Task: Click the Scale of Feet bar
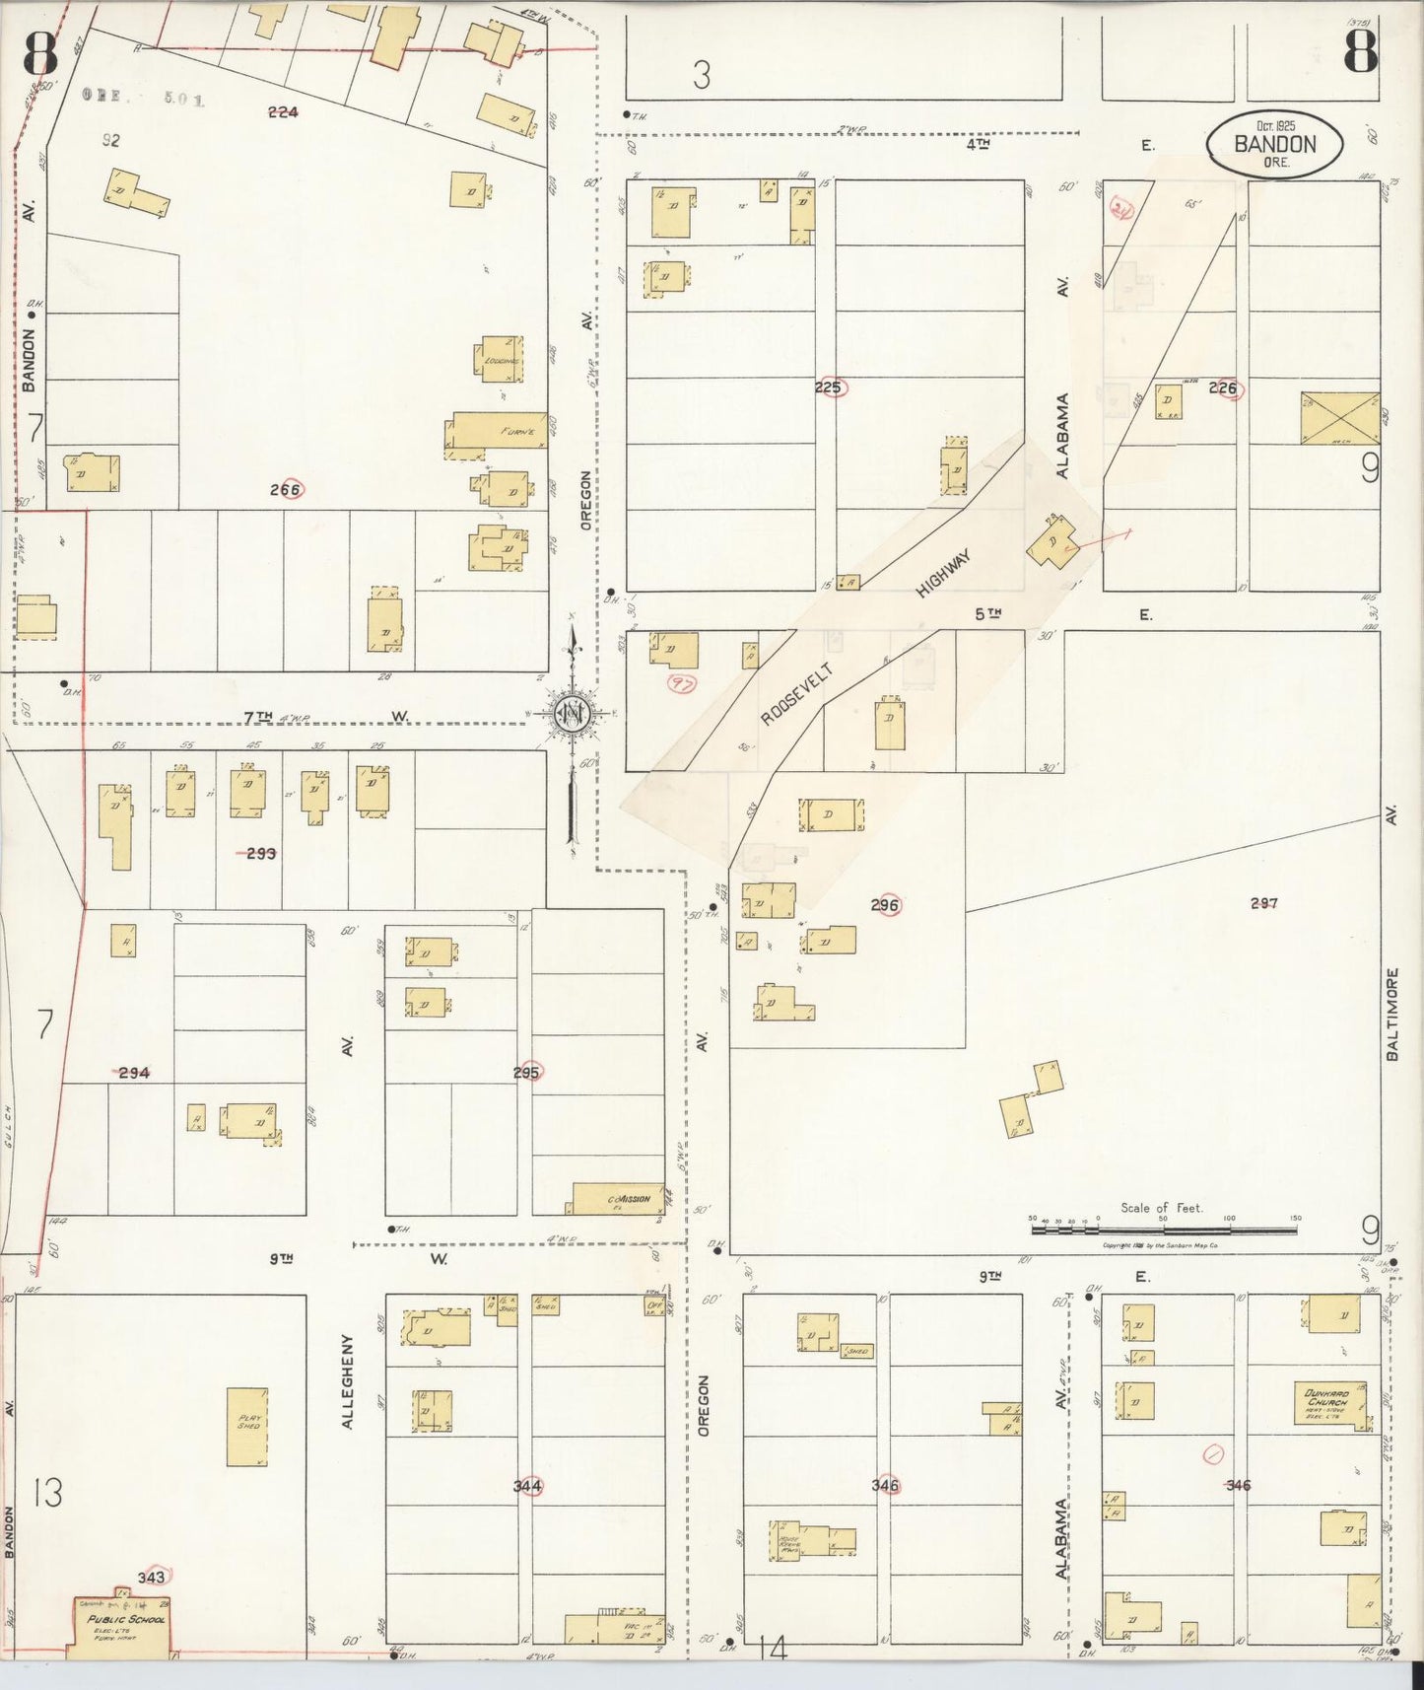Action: tap(1164, 1230)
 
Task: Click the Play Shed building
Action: tap(247, 1427)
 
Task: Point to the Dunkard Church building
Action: tap(1329, 1402)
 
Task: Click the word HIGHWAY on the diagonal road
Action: tap(943, 574)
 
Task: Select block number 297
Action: tap(1263, 902)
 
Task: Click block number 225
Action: tap(828, 387)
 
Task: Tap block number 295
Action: tap(525, 1072)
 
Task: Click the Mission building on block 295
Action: tap(610, 1198)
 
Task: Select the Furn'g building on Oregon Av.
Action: tap(499, 431)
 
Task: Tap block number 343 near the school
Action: tap(152, 1577)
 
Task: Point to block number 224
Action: tap(283, 111)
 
